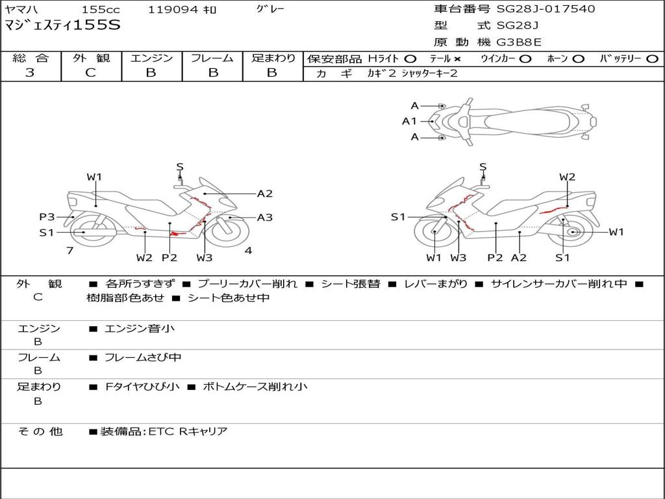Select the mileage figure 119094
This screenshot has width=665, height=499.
pyautogui.click(x=173, y=10)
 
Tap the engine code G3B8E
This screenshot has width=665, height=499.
pyautogui.click(x=519, y=42)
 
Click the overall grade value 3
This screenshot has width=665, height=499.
pyautogui.click(x=30, y=73)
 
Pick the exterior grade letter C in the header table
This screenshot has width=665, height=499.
pyautogui.click(x=90, y=73)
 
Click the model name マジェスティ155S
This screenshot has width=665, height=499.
pyautogui.click(x=62, y=26)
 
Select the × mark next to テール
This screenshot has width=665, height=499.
pyautogui.click(x=457, y=59)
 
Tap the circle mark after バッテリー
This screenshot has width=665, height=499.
pyautogui.click(x=651, y=59)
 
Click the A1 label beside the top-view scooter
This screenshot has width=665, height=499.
pyautogui.click(x=409, y=121)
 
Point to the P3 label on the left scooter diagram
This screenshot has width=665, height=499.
pyautogui.click(x=47, y=217)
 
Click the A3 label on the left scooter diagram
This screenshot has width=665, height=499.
pyautogui.click(x=265, y=218)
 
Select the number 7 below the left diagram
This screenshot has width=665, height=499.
pyautogui.click(x=69, y=250)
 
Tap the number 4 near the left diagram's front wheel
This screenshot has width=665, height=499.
pyautogui.click(x=248, y=250)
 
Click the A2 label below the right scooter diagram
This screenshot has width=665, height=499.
pyautogui.click(x=518, y=257)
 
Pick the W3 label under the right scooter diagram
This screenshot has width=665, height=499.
pyautogui.click(x=458, y=257)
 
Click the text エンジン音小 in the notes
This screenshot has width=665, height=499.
pyautogui.click(x=140, y=329)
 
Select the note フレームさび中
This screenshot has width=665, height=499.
pyautogui.click(x=143, y=357)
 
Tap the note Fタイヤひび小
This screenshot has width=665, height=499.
pyautogui.click(x=142, y=387)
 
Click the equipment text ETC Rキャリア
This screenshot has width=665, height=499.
pyautogui.click(x=188, y=431)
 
